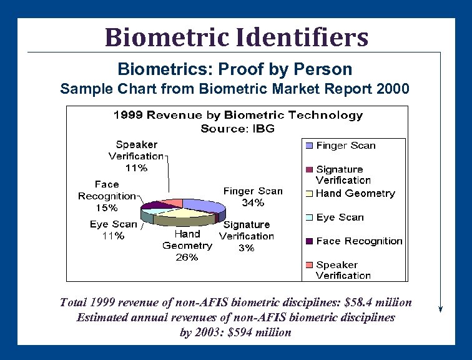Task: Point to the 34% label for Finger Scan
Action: [x=253, y=202]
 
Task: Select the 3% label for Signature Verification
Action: [x=247, y=247]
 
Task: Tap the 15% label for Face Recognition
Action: [x=106, y=207]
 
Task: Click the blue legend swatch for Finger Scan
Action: [x=309, y=146]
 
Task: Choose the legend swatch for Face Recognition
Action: [x=309, y=241]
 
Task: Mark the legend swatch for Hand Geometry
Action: [x=309, y=193]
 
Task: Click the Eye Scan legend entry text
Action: [x=340, y=217]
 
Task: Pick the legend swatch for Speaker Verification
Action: [x=309, y=264]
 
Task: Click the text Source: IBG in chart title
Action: [x=237, y=129]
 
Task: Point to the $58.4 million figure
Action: [x=377, y=302]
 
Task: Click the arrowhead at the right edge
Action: [x=441, y=308]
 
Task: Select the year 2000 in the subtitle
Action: [x=393, y=89]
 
